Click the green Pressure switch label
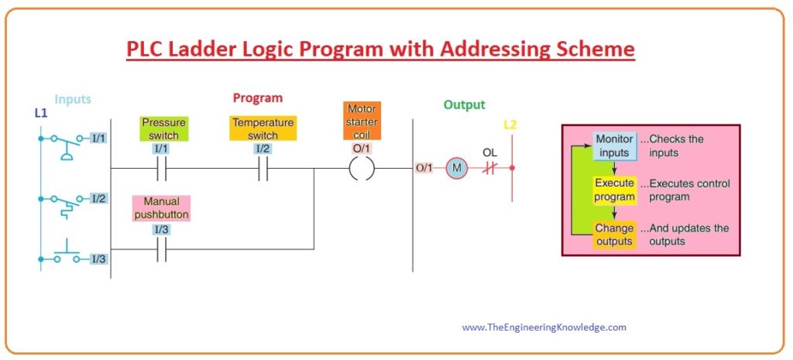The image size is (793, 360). (x=163, y=129)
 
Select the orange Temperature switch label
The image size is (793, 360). (x=262, y=129)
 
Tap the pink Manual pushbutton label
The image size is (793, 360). (x=161, y=207)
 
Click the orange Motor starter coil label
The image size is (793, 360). (x=362, y=120)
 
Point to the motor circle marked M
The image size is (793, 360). (x=457, y=168)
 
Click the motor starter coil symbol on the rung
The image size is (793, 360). (x=362, y=168)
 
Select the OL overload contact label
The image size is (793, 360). (x=489, y=152)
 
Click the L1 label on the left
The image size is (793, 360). (x=41, y=113)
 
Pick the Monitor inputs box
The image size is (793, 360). (x=614, y=146)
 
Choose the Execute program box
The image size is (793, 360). (x=614, y=190)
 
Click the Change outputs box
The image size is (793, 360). (x=614, y=235)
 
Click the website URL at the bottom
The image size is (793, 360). (x=544, y=327)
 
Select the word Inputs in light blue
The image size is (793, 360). (x=73, y=99)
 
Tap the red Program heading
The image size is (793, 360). (x=258, y=98)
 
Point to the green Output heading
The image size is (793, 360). (x=464, y=105)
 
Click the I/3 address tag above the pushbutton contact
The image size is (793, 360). (x=161, y=229)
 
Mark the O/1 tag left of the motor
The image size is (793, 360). (x=424, y=168)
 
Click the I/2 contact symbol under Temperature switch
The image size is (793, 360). (x=263, y=168)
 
